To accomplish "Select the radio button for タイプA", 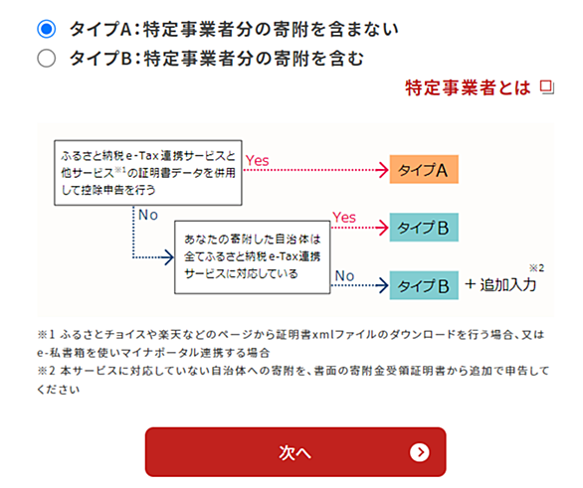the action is coord(47,30).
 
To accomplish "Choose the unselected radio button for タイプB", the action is coord(47,59).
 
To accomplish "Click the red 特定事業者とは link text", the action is coord(468,88).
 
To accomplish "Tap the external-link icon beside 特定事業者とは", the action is coord(546,87).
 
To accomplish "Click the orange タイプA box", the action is coord(424,169).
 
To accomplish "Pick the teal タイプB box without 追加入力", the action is coord(424,228).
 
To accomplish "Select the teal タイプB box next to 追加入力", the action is coord(424,285).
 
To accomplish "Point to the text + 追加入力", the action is coord(500,285).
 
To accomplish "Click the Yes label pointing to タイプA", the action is coord(258,160).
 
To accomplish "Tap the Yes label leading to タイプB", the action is coord(344,218).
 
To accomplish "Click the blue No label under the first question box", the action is coord(148,215).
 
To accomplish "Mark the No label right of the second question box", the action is coord(344,276).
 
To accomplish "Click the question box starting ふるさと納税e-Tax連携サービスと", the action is coord(148,173).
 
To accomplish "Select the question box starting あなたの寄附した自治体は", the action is coord(253,257).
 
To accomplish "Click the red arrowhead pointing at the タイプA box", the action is coord(383,170).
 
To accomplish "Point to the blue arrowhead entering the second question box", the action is coord(169,257).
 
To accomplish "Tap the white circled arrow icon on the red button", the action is coord(420,452).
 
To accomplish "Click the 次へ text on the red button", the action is coord(294,453).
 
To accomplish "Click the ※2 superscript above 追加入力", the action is coord(537,267).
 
